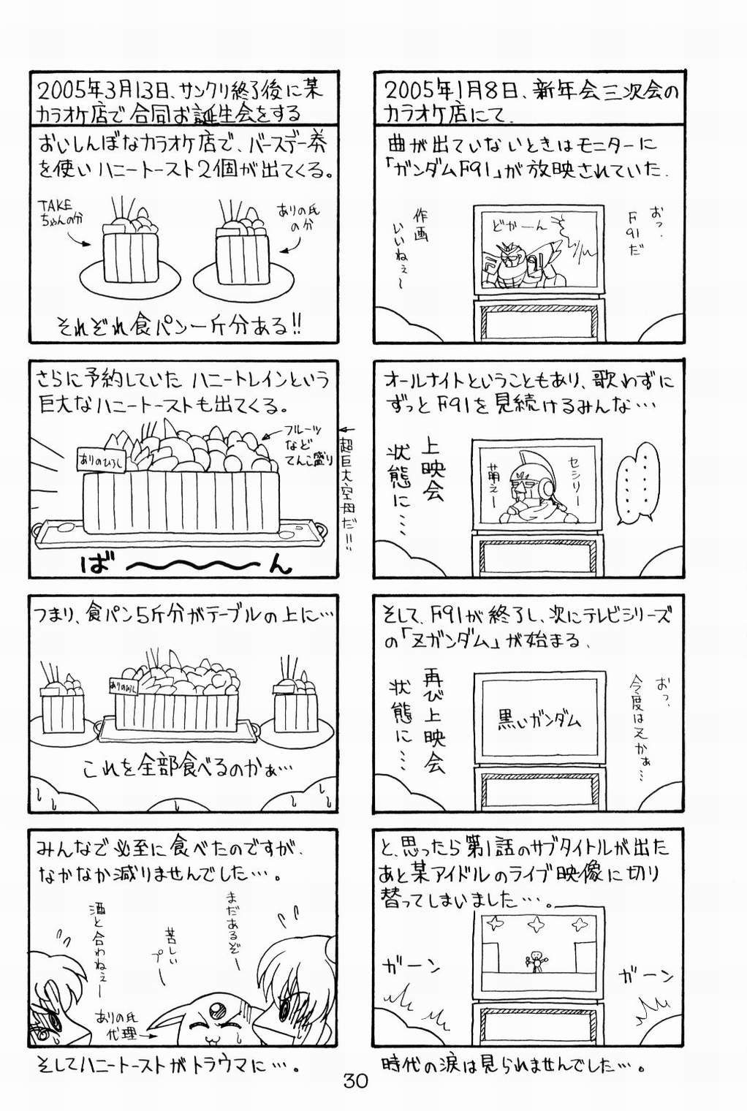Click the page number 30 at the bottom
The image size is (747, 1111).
coord(355,1080)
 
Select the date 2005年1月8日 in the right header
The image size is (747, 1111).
coord(436,90)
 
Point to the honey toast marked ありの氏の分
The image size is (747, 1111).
coord(242,245)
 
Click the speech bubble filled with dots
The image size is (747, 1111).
coord(638,482)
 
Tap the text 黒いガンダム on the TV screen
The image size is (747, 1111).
coord(539,720)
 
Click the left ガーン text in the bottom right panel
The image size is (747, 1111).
coord(412,966)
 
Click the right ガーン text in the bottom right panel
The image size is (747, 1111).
coord(645,974)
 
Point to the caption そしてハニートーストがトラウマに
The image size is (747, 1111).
coord(167,1066)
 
